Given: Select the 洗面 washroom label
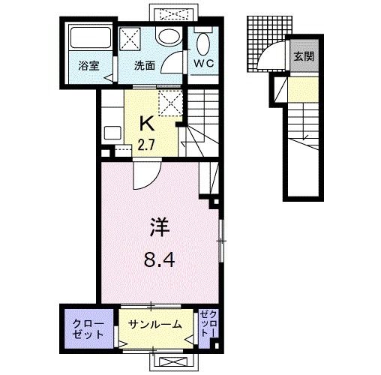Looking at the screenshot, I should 145,65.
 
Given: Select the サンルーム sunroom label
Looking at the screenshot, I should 155,325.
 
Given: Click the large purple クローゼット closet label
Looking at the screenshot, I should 88,328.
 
